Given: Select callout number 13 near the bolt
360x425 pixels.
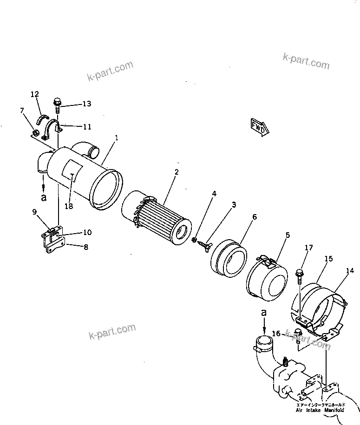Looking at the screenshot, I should click(x=87, y=104).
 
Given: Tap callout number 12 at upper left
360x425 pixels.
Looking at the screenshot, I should click(x=35, y=94).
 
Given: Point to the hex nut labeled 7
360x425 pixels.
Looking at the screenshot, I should click(x=34, y=134).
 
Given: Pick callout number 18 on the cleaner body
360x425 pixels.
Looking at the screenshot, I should click(x=69, y=206).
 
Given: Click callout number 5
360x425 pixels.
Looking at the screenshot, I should click(x=288, y=235).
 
